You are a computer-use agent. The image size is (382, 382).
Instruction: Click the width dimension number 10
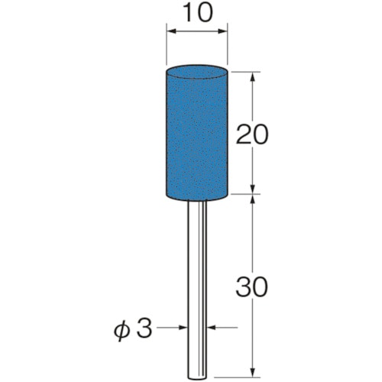click(x=197, y=12)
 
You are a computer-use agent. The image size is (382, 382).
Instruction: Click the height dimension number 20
click(x=252, y=134)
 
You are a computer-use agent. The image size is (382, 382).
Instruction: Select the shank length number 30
click(x=252, y=287)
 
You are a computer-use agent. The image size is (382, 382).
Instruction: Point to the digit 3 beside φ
click(x=144, y=329)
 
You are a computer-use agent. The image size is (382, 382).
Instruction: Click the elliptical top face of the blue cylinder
click(x=196, y=71)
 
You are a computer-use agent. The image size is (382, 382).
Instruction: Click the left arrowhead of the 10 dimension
click(x=171, y=31)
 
